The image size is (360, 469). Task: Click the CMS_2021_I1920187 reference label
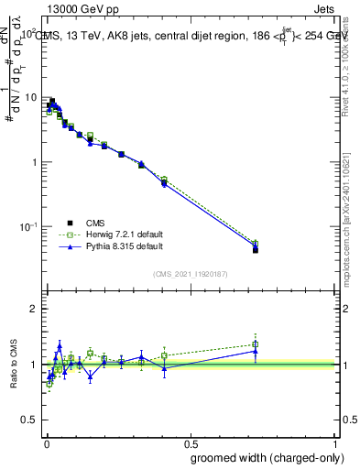(191, 273)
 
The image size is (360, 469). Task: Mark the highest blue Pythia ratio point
(60, 346)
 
